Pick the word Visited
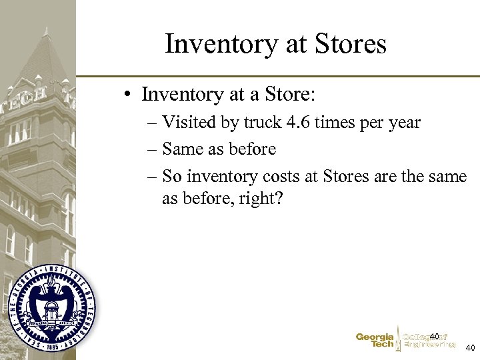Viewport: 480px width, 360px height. [189, 123]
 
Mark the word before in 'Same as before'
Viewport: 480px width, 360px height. [252, 149]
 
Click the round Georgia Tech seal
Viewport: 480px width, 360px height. [51, 307]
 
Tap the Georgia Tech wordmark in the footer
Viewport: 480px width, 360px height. [375, 341]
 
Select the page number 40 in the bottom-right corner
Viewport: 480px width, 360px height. [470, 347]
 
